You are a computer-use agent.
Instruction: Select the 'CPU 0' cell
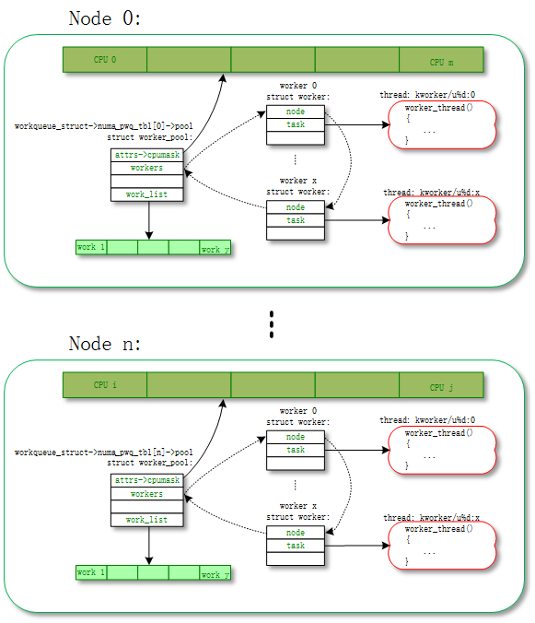[x=104, y=60]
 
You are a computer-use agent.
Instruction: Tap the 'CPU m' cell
[x=441, y=61]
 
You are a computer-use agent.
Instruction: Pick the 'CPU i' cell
[x=104, y=385]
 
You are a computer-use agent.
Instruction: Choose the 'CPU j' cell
[x=441, y=386]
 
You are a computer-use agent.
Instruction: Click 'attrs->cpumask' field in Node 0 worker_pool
[x=146, y=155]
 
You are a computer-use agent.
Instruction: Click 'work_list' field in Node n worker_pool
[x=146, y=520]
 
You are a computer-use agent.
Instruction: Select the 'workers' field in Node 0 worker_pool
[x=146, y=169]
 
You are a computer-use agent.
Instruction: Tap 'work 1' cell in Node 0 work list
[x=91, y=247]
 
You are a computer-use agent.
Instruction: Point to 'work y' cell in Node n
[x=215, y=573]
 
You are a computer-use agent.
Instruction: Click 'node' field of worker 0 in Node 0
[x=296, y=112]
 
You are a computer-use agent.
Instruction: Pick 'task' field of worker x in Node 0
[x=296, y=220]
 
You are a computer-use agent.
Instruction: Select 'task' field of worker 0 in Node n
[x=296, y=450]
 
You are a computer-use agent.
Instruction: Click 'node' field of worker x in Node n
[x=296, y=533]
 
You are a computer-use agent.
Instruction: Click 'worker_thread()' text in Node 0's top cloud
[x=439, y=108]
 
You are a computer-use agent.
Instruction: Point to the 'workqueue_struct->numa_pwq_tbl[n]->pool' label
[x=104, y=453]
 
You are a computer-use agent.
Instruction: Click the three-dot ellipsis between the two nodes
[x=272, y=323]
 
